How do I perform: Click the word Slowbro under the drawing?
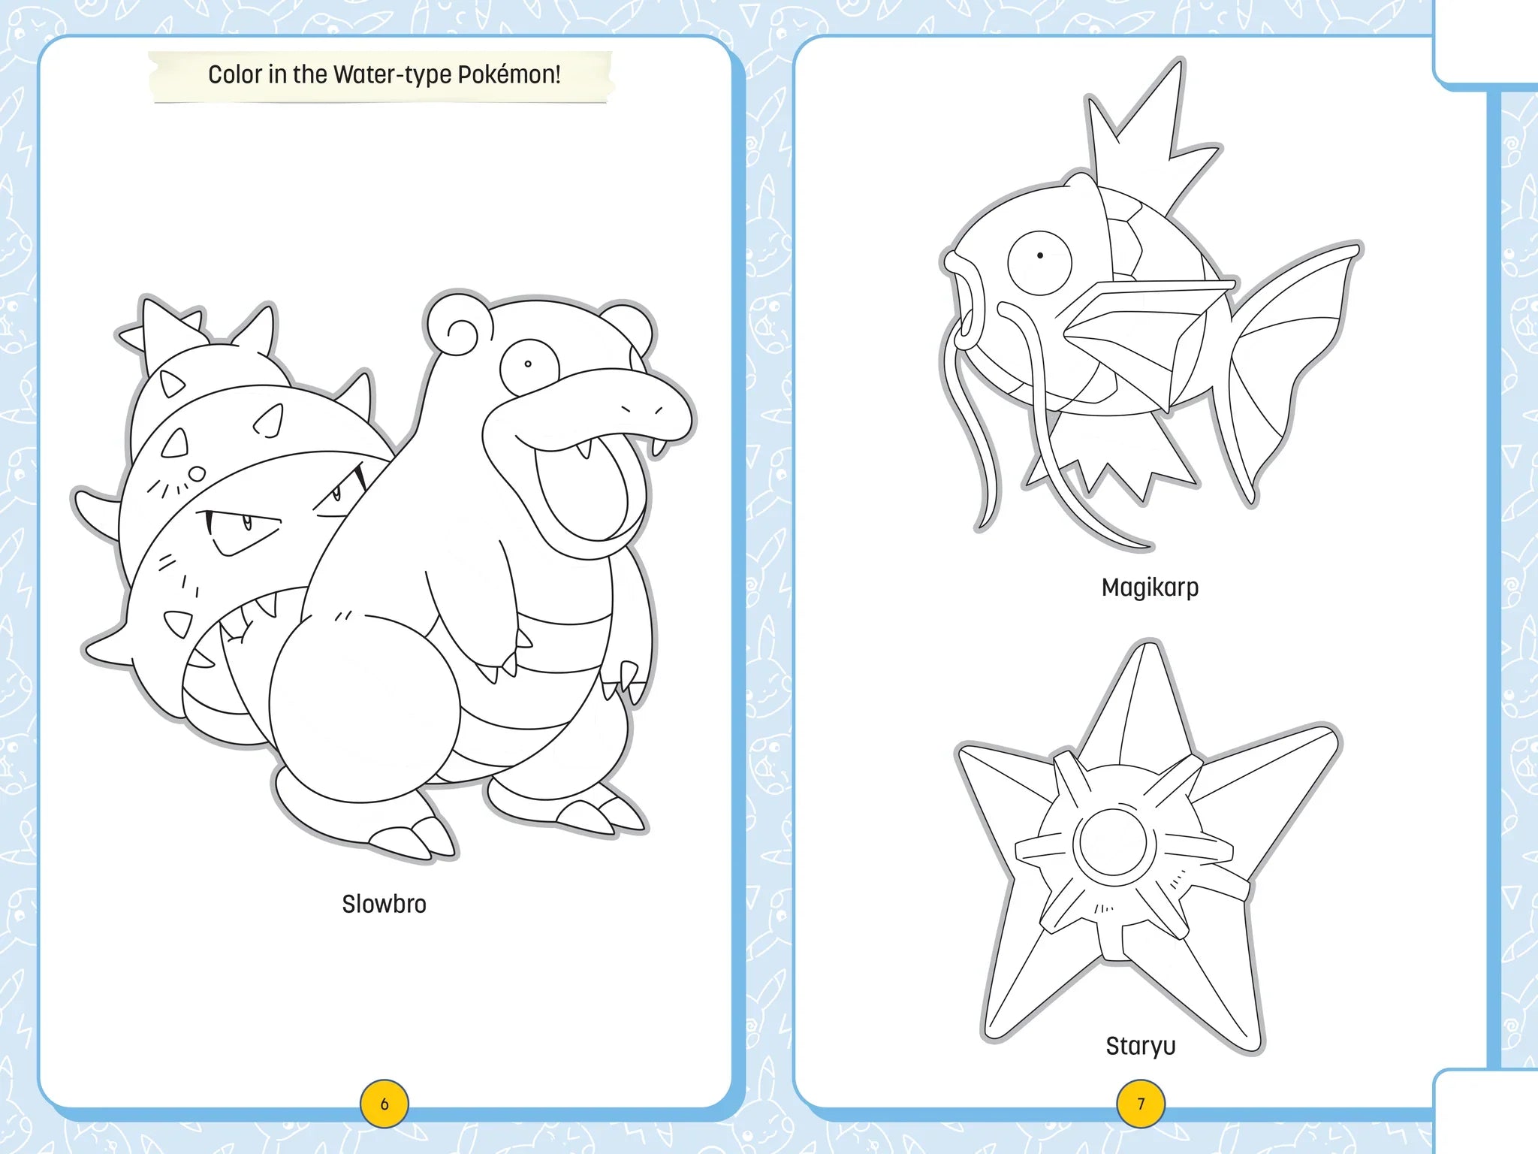[x=384, y=904]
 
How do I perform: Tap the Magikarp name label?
[x=1150, y=588]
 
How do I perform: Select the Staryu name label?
[x=1140, y=1046]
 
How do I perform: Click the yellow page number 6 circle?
[x=384, y=1104]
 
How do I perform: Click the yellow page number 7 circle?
[x=1141, y=1104]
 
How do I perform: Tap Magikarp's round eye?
[x=1039, y=259]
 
